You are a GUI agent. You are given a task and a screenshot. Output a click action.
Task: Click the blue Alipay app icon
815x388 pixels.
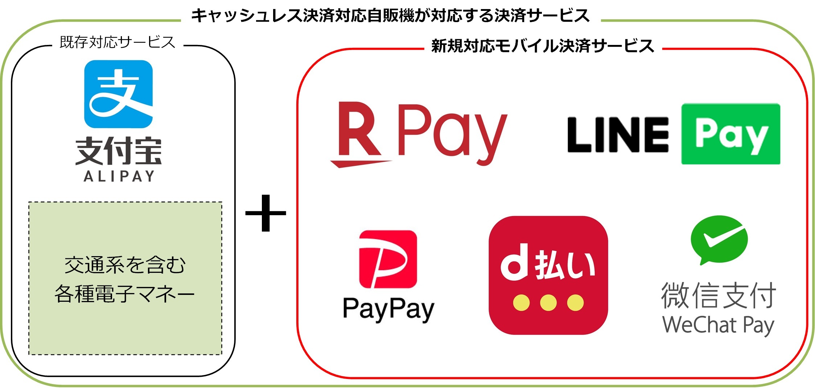coord(118,94)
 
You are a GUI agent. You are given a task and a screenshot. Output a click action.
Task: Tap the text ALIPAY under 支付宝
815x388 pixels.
coord(119,176)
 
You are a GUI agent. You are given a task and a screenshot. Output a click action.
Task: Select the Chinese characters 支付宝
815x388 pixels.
coord(119,151)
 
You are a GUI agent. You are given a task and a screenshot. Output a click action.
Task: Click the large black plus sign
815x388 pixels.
coord(266,213)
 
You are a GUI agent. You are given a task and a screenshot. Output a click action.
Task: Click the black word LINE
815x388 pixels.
coord(618,135)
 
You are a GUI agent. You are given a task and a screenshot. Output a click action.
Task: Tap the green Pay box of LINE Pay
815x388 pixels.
coord(730,134)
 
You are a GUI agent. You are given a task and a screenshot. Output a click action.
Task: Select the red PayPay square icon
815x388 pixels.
coord(388,259)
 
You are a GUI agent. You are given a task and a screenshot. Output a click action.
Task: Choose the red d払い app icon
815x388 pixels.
coord(548,275)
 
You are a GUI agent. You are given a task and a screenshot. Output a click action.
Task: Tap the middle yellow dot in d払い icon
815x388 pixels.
coord(548,303)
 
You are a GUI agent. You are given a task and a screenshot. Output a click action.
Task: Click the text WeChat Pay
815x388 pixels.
coord(718,325)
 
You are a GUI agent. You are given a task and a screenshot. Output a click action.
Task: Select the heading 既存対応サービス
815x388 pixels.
coord(118,42)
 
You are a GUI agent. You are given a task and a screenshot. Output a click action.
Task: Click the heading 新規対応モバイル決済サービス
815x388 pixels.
coord(543,46)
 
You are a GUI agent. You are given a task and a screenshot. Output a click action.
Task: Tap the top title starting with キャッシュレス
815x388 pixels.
coord(390,16)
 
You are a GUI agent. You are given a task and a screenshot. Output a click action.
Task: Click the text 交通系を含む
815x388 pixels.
coord(125,265)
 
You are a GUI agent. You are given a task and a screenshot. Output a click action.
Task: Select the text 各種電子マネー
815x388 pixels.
coord(125,294)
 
